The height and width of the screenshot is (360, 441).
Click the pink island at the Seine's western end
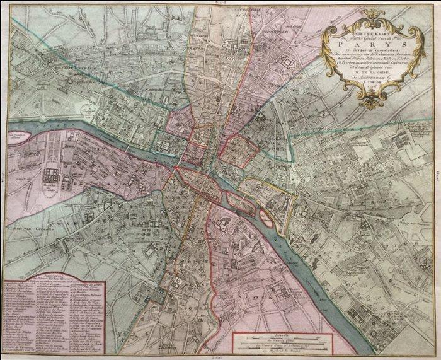point(20,134)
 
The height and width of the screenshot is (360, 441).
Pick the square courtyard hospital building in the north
point(292,64)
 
